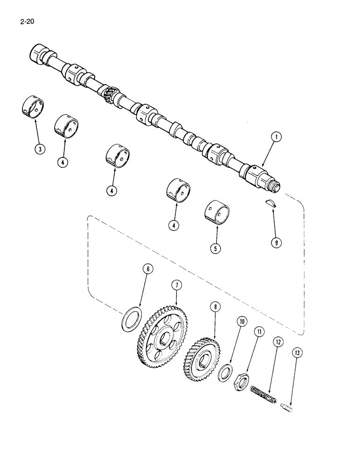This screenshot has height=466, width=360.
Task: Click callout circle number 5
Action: point(215,249)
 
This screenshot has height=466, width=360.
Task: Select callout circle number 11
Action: point(259,332)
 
